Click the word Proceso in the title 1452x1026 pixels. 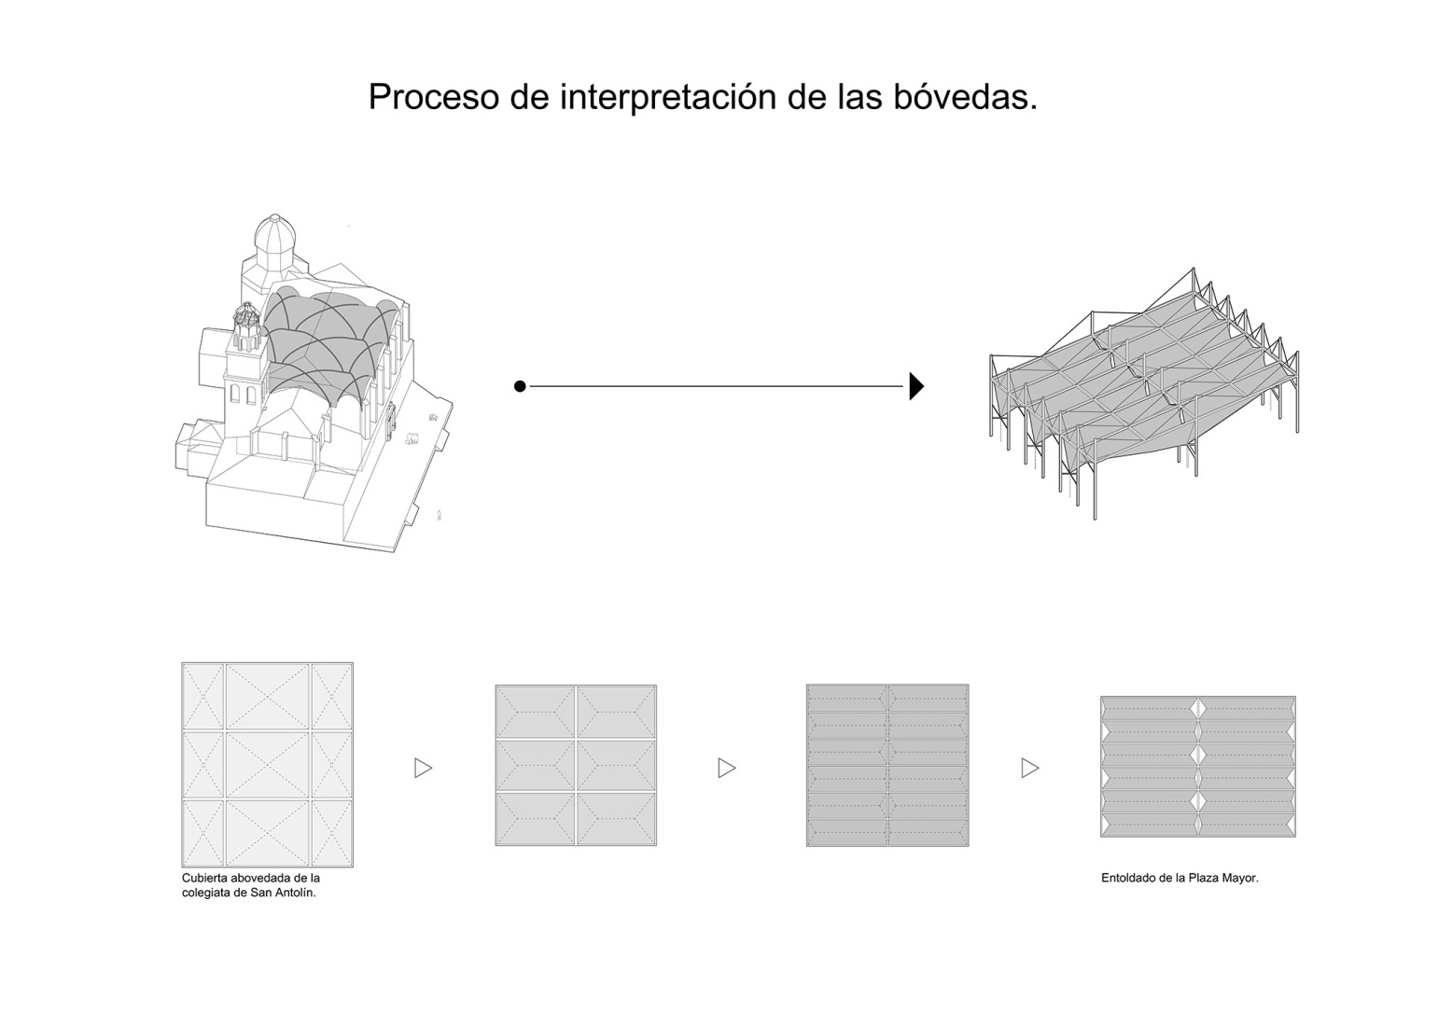click(434, 97)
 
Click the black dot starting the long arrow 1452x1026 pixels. click(519, 386)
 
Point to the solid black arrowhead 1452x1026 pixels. click(916, 386)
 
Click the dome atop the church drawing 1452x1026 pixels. click(275, 239)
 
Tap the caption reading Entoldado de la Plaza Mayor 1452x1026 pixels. click(1180, 879)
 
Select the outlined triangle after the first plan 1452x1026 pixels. click(424, 769)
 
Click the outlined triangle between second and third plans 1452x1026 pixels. click(727, 769)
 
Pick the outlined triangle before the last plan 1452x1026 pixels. click(1030, 769)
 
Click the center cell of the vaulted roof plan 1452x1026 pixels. click(268, 765)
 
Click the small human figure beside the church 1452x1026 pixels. click(440, 515)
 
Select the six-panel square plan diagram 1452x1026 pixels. click(576, 765)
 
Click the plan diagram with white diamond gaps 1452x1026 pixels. click(1198, 767)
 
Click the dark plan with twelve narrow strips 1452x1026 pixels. click(887, 765)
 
